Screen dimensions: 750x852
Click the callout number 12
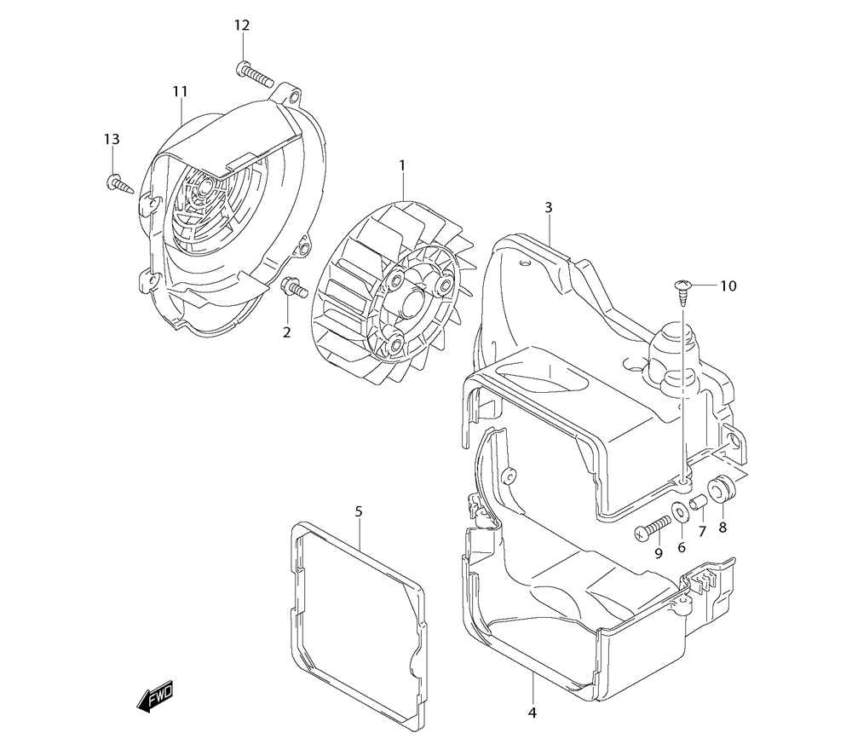coord(243,26)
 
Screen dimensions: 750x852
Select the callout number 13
coord(112,140)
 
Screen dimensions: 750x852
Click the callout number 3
coord(548,207)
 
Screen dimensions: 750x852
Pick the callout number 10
coord(727,286)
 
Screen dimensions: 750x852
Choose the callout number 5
coord(359,511)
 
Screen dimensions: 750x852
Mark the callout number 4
coord(532,712)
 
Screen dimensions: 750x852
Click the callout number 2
coord(287,331)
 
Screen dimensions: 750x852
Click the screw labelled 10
coord(683,290)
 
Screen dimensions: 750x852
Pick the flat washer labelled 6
coord(682,514)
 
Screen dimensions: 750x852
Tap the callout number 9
coord(658,553)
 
